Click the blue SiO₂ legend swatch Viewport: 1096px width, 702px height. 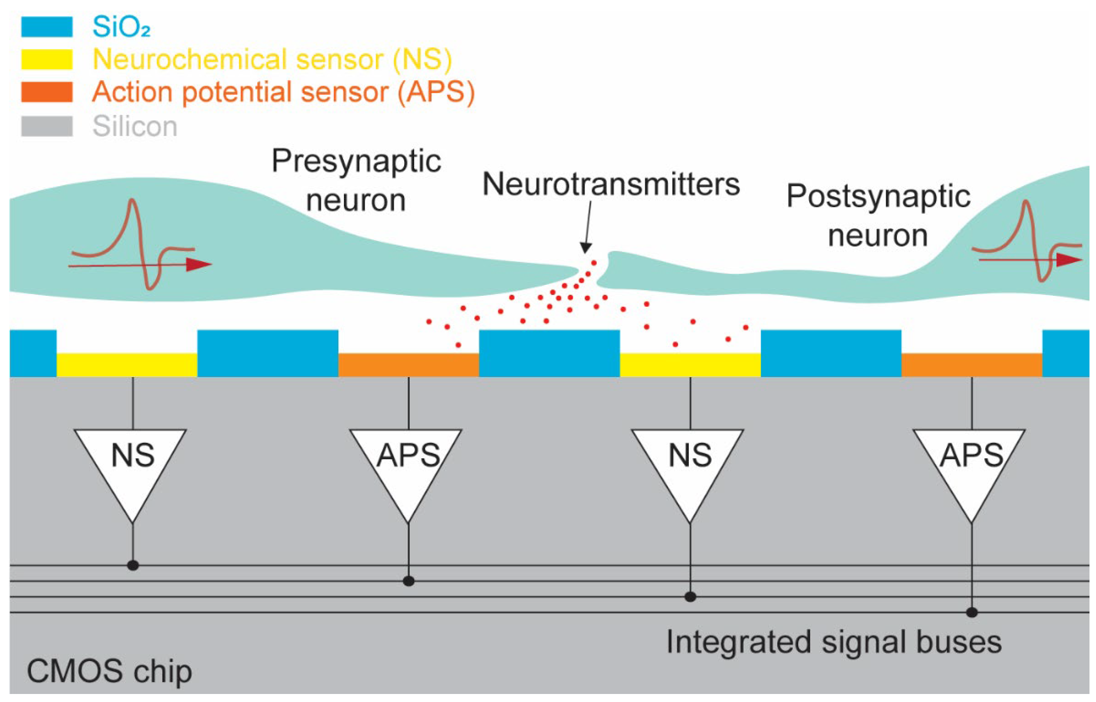point(47,27)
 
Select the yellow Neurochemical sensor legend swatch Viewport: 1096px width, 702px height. point(47,59)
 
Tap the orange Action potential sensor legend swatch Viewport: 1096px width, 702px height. point(47,92)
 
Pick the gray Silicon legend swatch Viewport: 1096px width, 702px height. point(47,126)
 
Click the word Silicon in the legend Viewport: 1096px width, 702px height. point(135,126)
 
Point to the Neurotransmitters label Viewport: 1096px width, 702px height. point(611,184)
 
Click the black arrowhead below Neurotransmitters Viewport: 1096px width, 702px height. point(585,247)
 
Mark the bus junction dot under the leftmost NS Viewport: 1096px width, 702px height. point(133,566)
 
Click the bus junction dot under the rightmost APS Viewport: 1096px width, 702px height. point(972,612)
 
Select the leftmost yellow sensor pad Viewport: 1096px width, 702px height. point(127,365)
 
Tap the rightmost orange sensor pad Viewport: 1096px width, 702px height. point(972,365)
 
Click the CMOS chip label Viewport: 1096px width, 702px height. point(109,671)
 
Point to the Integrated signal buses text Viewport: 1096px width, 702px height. point(833,642)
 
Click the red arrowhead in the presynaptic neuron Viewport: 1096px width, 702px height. point(199,264)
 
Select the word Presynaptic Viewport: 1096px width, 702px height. point(356,161)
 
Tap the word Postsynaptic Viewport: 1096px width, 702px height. point(878,196)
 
